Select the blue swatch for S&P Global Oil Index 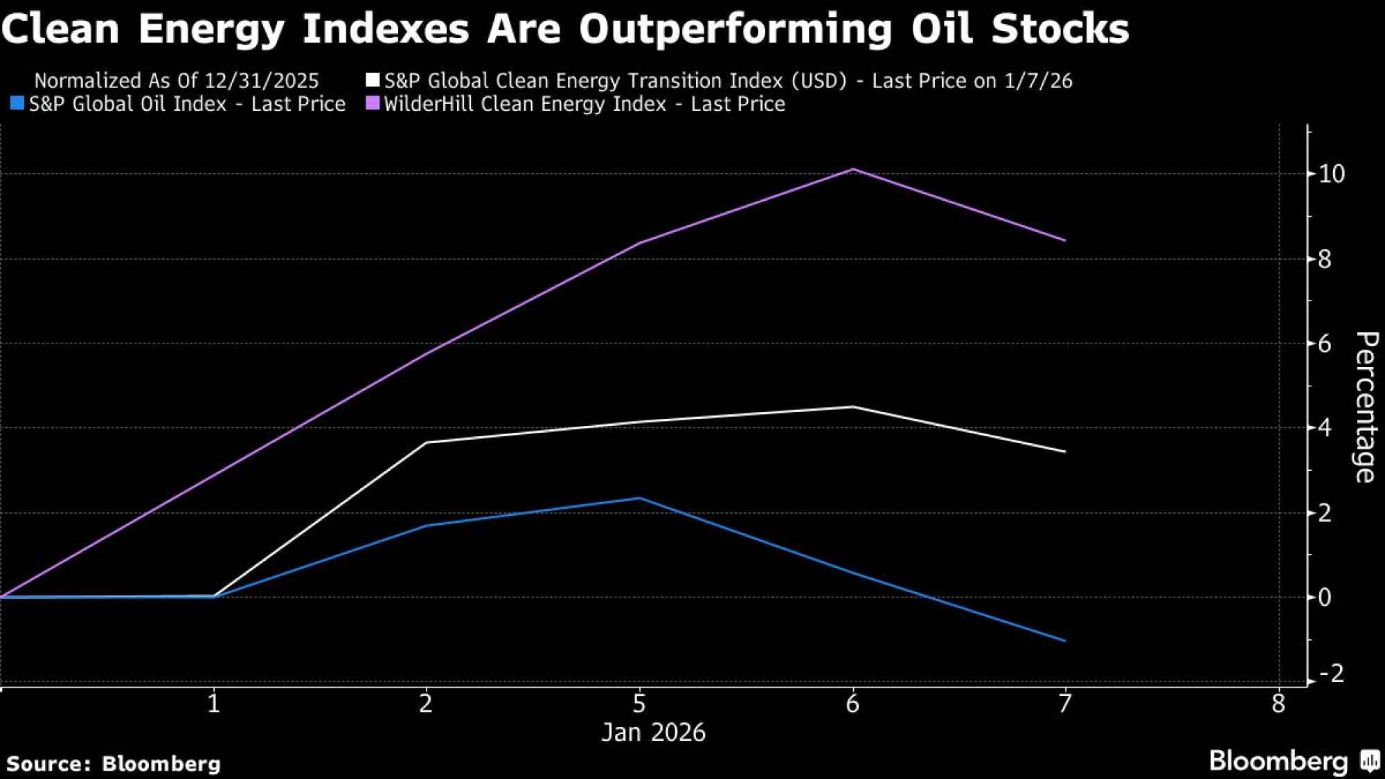pos(17,104)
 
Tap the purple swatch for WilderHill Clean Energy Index pos(373,104)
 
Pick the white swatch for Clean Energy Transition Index pos(373,80)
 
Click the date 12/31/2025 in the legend pos(262,81)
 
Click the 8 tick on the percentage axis pos(1324,259)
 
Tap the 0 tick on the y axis pos(1324,597)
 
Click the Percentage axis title pos(1365,407)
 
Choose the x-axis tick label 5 pos(639,704)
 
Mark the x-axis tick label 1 pos(214,704)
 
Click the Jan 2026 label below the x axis pos(653,733)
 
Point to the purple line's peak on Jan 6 pos(853,169)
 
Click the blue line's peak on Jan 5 pos(640,498)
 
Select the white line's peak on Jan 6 pos(853,407)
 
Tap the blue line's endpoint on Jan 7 pos(1064,641)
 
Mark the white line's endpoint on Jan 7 pos(1064,451)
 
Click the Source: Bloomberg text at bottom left pos(114,764)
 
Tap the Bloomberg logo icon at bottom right pos(1370,761)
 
